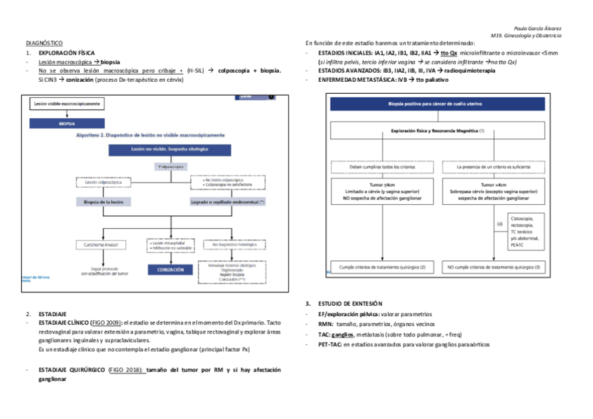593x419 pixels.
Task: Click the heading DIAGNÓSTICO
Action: point(44,43)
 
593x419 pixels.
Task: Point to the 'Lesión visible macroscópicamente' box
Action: point(67,104)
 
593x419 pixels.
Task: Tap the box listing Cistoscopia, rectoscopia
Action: point(525,232)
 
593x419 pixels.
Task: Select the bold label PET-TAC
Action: point(329,345)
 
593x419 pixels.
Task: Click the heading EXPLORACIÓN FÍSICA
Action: point(67,53)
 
